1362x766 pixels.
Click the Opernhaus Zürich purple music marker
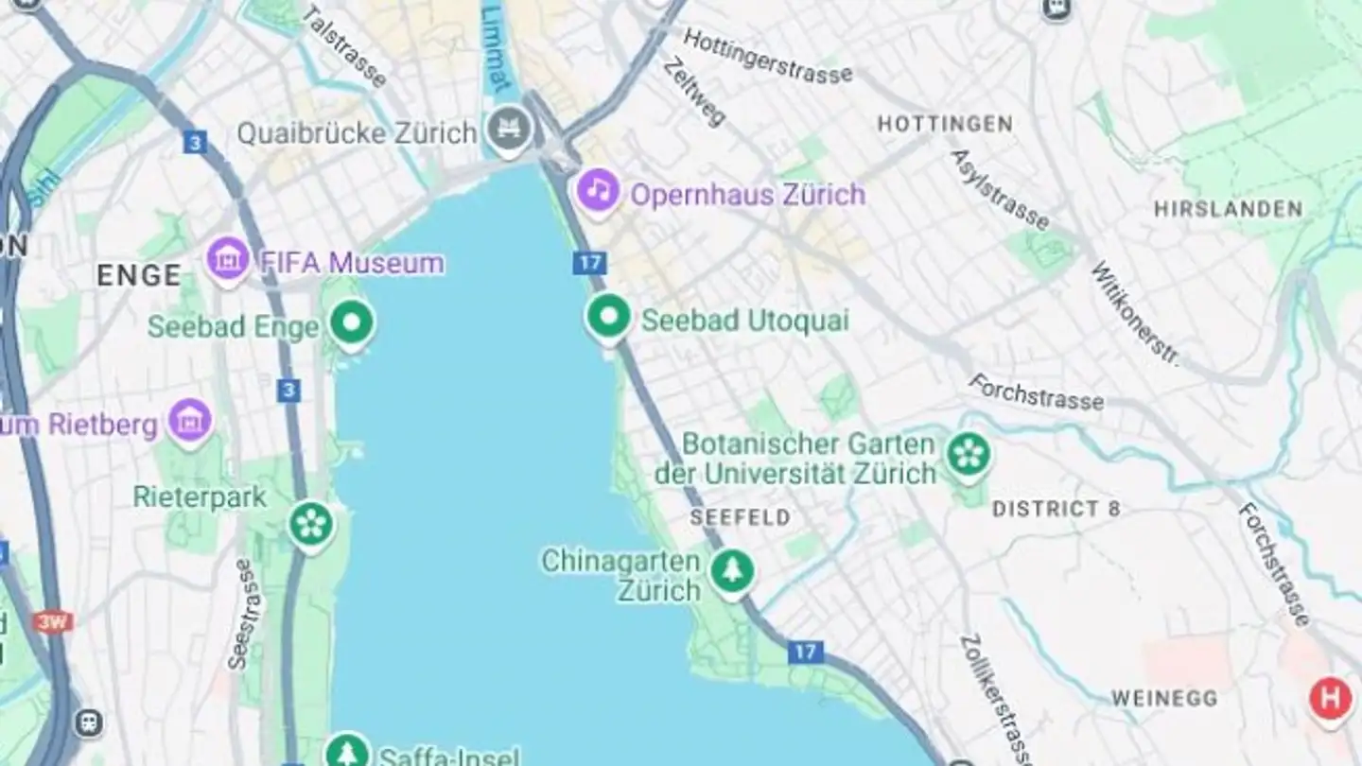click(x=598, y=191)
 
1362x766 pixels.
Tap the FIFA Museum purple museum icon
click(x=228, y=258)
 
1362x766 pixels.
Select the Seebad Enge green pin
click(x=352, y=322)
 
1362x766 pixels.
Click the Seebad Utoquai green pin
click(x=608, y=317)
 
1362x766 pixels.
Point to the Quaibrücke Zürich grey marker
click(x=511, y=129)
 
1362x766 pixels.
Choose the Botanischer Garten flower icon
click(x=969, y=455)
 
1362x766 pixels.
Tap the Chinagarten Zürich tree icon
click(x=732, y=569)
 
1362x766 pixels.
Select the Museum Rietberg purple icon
click(x=190, y=420)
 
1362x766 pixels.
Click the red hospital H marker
click(x=1330, y=700)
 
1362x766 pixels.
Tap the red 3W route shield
click(x=53, y=621)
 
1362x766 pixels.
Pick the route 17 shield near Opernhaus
click(x=588, y=263)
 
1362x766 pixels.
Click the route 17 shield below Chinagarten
click(x=805, y=652)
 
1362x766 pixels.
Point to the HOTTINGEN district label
click(x=944, y=124)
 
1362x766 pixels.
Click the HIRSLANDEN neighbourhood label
click(x=1228, y=209)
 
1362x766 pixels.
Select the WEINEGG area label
click(x=1163, y=699)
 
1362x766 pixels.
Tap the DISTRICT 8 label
click(x=1056, y=509)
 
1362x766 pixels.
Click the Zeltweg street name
click(x=693, y=92)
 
